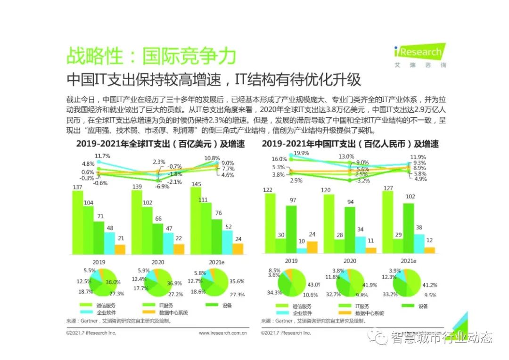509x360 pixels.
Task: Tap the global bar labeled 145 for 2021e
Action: pyautogui.click(x=196, y=221)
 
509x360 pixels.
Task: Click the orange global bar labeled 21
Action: pyautogui.click(x=120, y=249)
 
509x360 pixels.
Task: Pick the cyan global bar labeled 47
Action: pyautogui.click(x=168, y=243)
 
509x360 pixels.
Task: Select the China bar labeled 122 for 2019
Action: pyautogui.click(x=270, y=224)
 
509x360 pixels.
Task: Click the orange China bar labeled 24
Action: pyautogui.click(x=312, y=247)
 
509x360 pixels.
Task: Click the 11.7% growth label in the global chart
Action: pyautogui.click(x=102, y=156)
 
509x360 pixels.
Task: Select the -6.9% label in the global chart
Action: pyautogui.click(x=162, y=187)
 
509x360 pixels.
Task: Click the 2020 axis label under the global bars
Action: pyautogui.click(x=158, y=262)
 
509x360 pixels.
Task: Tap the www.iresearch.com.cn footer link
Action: pyautogui.click(x=223, y=333)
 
